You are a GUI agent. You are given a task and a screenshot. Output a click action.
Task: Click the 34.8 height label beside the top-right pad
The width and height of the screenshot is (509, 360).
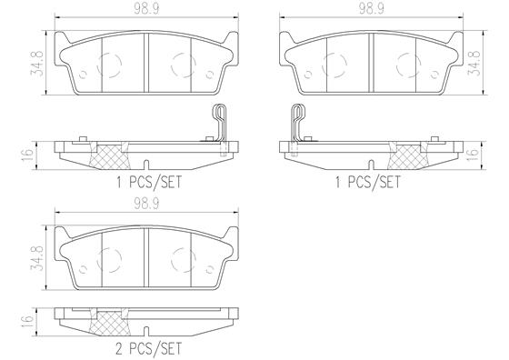[x=474, y=65]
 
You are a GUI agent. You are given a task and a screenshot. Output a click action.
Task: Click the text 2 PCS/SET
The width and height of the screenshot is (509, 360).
[x=147, y=348]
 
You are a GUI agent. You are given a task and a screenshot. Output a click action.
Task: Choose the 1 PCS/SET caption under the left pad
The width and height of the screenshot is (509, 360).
[x=147, y=181]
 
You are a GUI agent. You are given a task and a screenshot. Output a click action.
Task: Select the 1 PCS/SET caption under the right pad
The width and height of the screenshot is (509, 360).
[x=369, y=181]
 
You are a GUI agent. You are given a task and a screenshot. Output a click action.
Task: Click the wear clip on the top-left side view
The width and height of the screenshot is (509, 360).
[x=217, y=123]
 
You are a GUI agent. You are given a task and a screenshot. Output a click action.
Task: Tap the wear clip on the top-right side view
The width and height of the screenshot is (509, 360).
[x=295, y=123]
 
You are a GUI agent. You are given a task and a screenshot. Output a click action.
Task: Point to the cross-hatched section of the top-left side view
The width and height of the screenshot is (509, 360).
[x=110, y=155]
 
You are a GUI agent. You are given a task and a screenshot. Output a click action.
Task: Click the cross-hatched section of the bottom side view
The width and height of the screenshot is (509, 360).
[x=110, y=323]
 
